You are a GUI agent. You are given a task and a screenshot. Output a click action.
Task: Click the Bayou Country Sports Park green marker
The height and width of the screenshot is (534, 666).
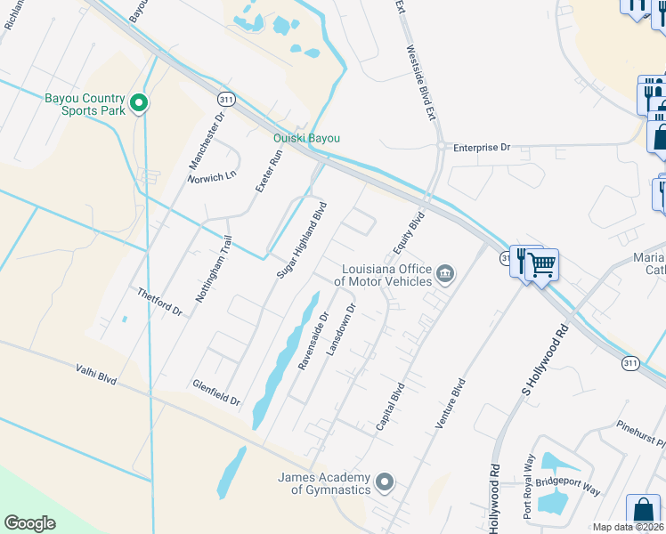pyautogui.click(x=138, y=104)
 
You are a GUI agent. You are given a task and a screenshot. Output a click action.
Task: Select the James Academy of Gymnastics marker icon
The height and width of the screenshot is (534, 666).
pyautogui.click(x=385, y=482)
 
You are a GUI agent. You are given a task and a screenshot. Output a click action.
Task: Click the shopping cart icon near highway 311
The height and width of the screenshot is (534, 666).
pyautogui.click(x=540, y=263)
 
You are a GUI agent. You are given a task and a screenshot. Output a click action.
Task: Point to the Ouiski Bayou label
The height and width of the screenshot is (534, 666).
pyautogui.click(x=306, y=138)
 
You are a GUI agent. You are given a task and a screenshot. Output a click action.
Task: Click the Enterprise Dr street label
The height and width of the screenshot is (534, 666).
pyautogui.click(x=481, y=147)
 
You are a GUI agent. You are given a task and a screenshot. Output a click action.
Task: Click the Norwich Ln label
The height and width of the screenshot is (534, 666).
pyautogui.click(x=212, y=175)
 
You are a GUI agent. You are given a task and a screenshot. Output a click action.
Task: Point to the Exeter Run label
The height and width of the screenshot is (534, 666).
pyautogui.click(x=268, y=172)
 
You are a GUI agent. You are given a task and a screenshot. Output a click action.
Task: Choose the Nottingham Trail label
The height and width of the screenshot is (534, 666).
pyautogui.click(x=215, y=268)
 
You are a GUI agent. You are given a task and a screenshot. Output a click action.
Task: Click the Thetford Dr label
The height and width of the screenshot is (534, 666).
pyautogui.click(x=159, y=302)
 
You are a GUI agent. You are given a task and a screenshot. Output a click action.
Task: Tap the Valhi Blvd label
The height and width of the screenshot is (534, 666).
pyautogui.click(x=96, y=376)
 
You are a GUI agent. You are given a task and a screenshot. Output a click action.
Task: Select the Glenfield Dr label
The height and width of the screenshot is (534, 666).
pyautogui.click(x=216, y=392)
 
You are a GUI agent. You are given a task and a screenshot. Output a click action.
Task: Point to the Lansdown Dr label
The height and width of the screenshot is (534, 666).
pyautogui.click(x=341, y=330)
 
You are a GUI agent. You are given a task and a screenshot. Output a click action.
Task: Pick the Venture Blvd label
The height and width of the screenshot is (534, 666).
pyautogui.click(x=451, y=404)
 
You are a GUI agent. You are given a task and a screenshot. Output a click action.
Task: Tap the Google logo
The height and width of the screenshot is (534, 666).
pyautogui.click(x=29, y=523)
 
